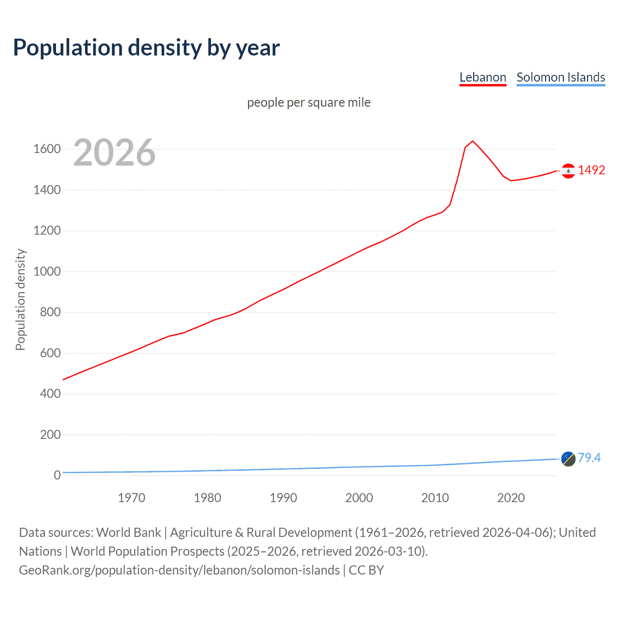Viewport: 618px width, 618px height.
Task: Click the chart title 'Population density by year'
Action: click(146, 47)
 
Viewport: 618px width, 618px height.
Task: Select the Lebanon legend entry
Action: click(482, 77)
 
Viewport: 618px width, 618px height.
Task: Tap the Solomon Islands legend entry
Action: click(561, 77)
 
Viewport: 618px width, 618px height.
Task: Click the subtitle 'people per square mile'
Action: click(309, 102)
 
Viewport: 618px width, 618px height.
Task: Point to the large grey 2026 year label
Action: click(114, 153)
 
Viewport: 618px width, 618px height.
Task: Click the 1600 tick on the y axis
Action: click(47, 149)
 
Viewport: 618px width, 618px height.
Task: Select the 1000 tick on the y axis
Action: click(47, 271)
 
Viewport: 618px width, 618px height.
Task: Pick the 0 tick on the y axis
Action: click(57, 475)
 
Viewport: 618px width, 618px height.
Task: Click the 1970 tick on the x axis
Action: click(131, 498)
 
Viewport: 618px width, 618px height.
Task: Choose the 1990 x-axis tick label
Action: click(283, 498)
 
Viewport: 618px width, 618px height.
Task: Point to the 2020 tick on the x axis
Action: click(511, 498)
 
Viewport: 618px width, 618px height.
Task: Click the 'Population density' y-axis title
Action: click(20, 299)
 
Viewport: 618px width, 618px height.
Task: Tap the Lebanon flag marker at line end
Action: click(568, 170)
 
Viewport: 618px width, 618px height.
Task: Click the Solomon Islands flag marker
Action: click(568, 459)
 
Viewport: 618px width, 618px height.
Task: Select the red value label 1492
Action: click(591, 170)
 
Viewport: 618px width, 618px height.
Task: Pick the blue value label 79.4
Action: click(589, 458)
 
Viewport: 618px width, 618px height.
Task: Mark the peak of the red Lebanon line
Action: click(473, 141)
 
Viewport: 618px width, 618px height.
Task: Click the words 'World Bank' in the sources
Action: click(128, 532)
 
